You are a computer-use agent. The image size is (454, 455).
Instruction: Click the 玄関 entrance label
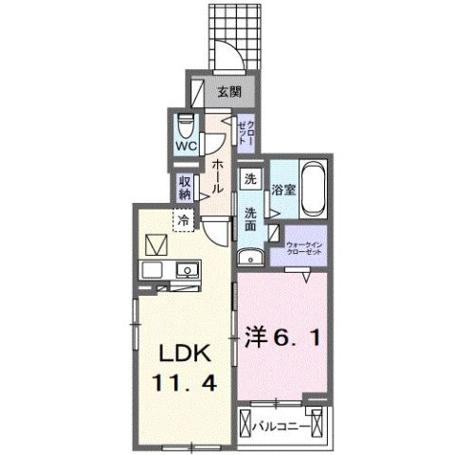[x=228, y=92]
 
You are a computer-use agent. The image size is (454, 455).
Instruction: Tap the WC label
[x=185, y=147]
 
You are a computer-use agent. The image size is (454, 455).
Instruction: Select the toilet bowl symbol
[x=186, y=124]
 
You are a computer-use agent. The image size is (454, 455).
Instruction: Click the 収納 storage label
[x=186, y=188]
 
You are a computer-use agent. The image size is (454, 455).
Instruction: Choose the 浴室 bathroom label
[x=283, y=189]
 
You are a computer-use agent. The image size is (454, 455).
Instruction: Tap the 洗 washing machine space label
[x=250, y=178]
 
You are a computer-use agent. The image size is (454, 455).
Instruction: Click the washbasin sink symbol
[x=249, y=256]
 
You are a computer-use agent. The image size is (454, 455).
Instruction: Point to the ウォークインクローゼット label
[x=302, y=249]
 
